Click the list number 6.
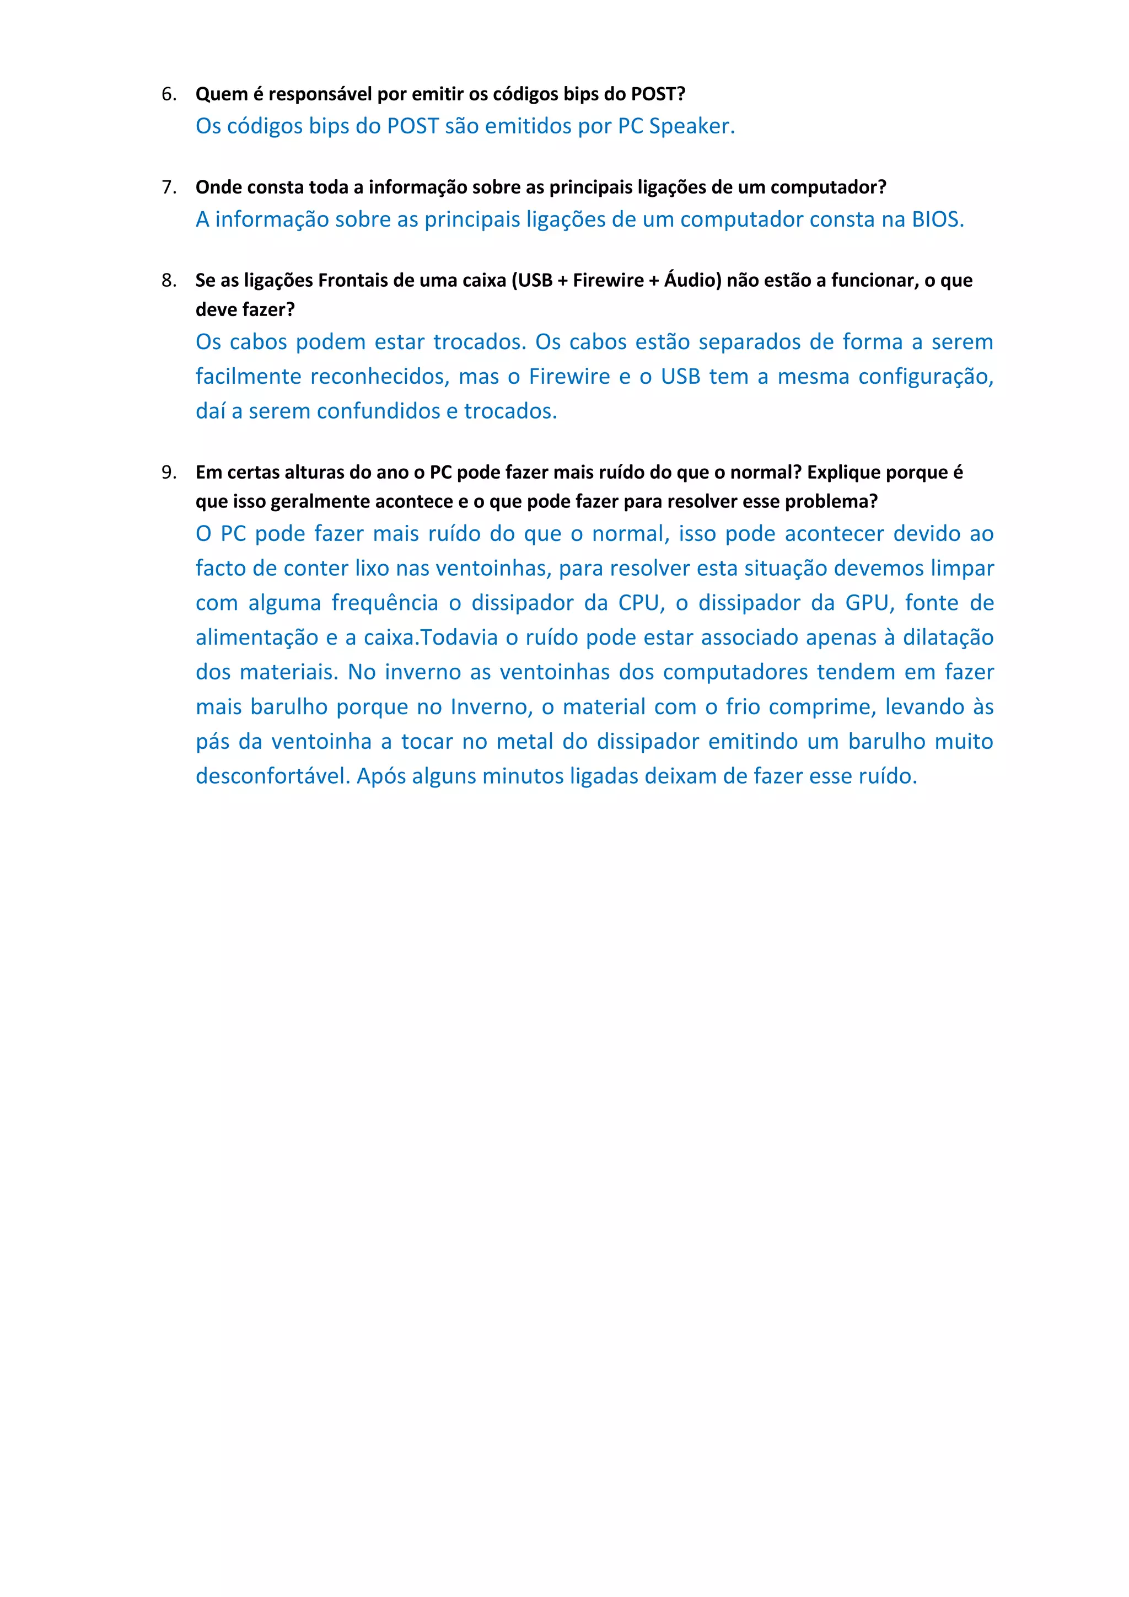168,94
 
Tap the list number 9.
168,472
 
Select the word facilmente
248,376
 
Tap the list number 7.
168,187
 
